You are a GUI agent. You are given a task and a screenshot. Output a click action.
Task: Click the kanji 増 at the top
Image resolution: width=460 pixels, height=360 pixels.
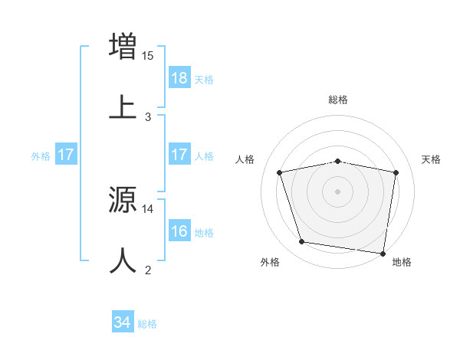(x=123, y=45)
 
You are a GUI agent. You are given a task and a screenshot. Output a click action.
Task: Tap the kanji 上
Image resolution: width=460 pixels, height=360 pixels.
(x=123, y=107)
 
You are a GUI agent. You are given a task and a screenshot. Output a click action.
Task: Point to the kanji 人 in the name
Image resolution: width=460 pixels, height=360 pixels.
(x=123, y=260)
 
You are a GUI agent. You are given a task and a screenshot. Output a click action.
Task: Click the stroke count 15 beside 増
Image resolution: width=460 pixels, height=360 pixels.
(x=148, y=55)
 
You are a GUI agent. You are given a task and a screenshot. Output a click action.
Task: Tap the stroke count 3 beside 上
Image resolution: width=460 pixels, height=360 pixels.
(x=148, y=117)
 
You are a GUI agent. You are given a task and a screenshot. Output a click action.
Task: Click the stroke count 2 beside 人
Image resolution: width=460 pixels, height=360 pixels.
(x=148, y=270)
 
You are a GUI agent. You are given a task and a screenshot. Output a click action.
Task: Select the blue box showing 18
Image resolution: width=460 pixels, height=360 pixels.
(x=179, y=78)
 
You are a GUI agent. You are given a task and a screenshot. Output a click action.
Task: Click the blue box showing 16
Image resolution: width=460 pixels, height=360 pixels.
(x=179, y=231)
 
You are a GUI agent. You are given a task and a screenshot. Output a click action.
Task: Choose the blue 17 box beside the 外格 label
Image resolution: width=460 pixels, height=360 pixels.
(x=65, y=155)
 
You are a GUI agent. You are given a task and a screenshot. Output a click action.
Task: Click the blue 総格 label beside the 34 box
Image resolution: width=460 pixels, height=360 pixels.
(x=147, y=324)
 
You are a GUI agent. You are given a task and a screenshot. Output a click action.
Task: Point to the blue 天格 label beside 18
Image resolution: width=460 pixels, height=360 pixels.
(x=204, y=79)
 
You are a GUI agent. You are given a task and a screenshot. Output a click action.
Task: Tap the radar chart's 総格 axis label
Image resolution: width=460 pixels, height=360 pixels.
(x=338, y=100)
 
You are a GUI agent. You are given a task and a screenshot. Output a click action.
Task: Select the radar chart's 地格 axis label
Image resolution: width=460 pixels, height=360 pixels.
(x=402, y=262)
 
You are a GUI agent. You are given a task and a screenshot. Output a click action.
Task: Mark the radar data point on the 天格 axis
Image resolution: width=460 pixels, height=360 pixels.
(x=396, y=172)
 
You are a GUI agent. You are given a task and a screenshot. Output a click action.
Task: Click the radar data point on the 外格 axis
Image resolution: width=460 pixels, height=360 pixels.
(x=302, y=242)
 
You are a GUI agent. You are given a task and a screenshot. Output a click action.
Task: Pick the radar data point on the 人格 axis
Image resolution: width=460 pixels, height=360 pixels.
(x=280, y=172)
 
